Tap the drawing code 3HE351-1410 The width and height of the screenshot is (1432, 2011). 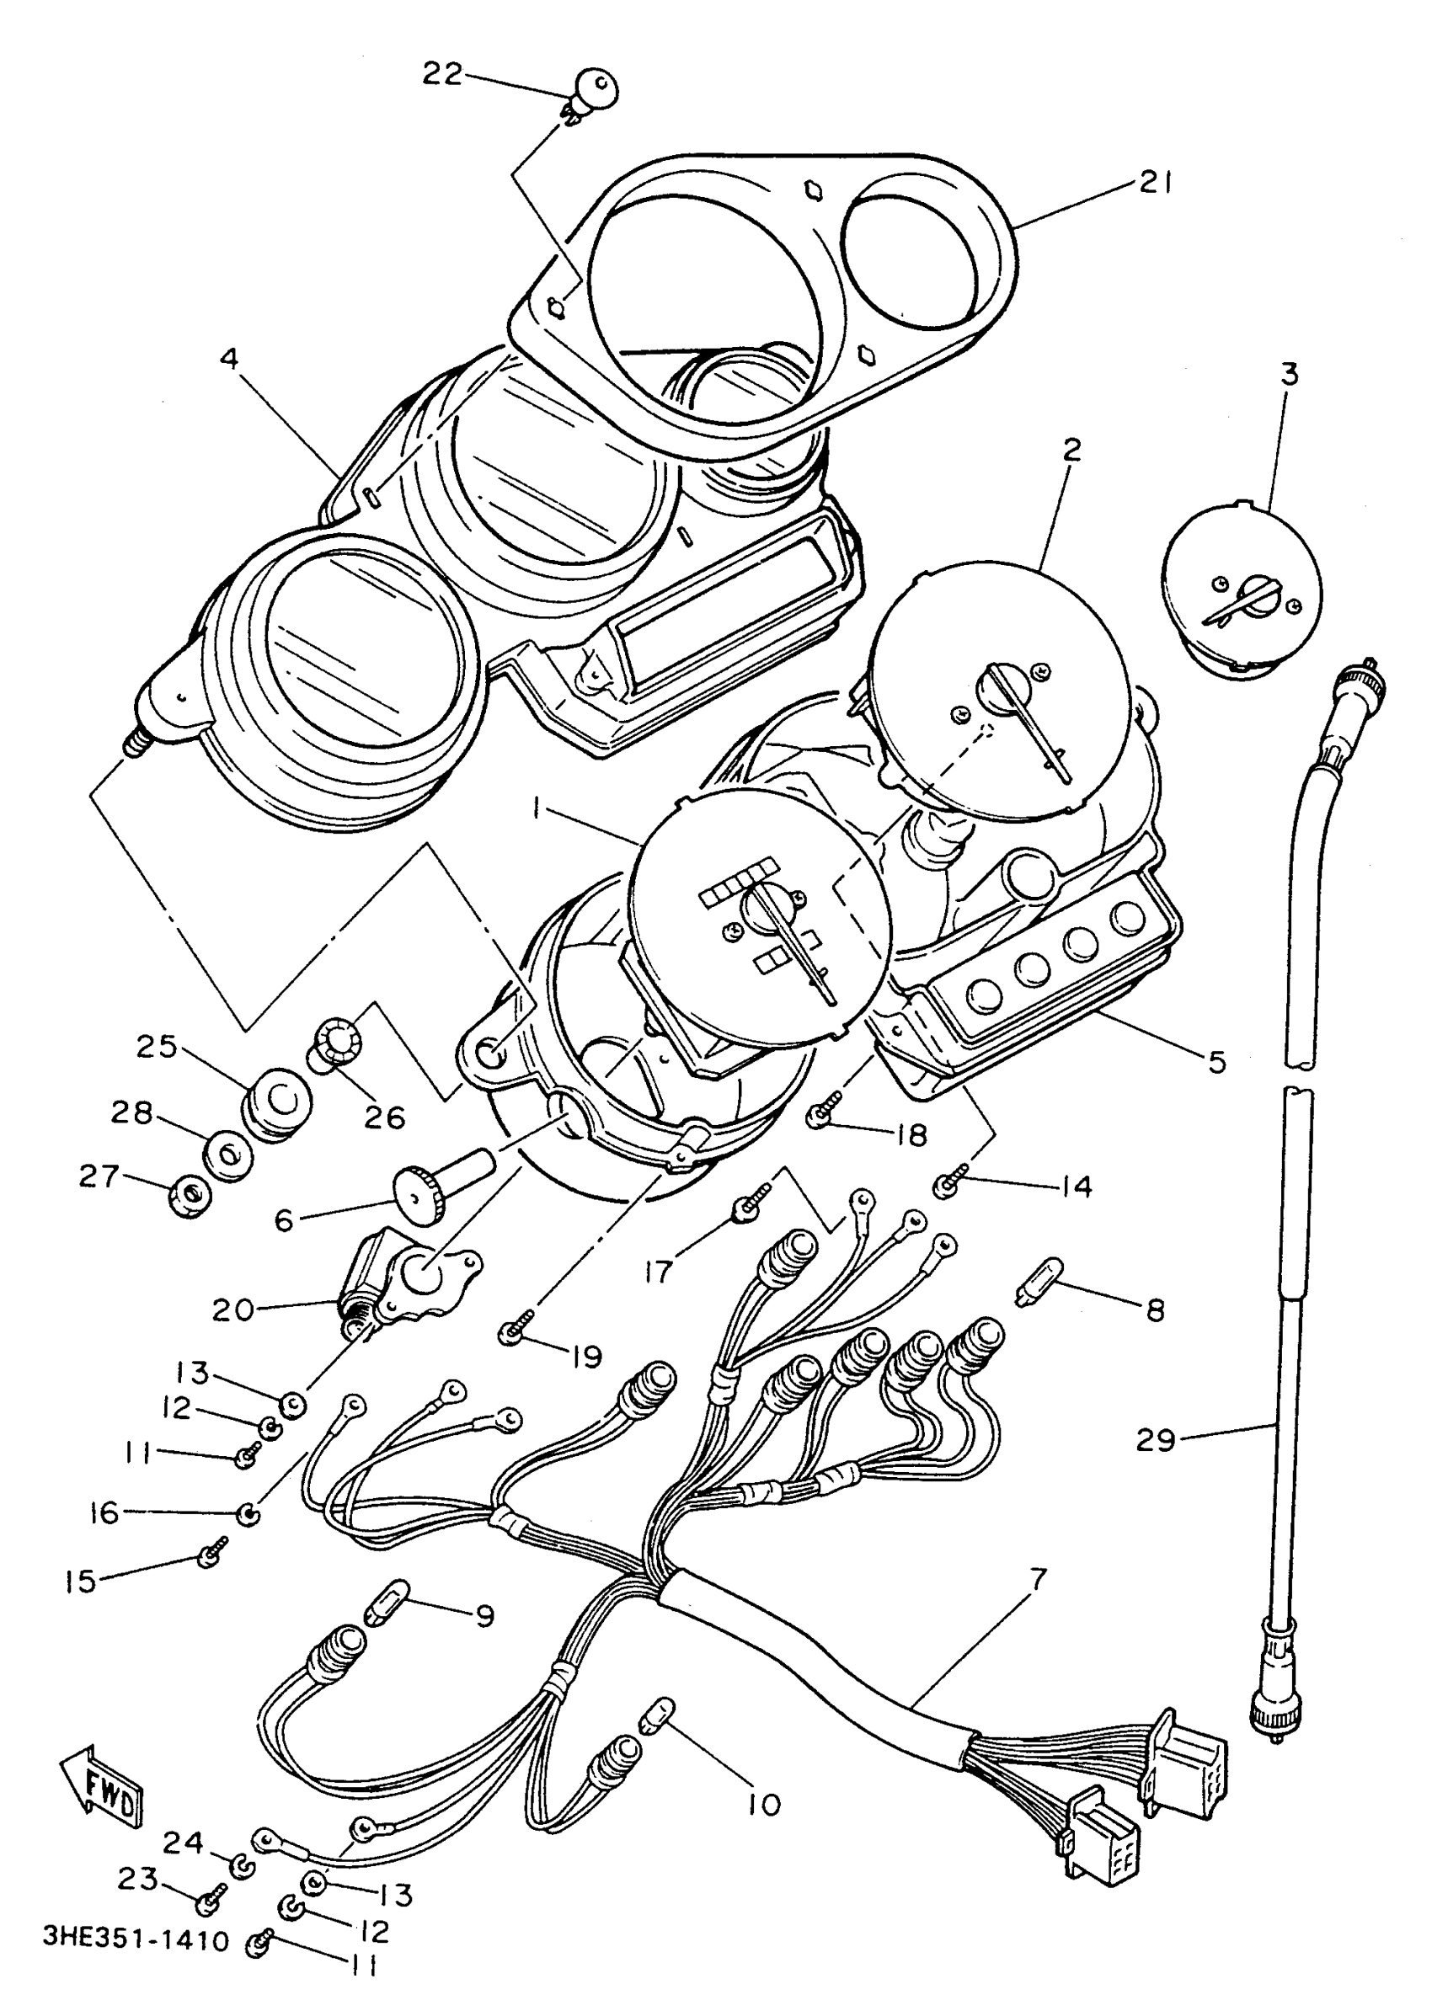tap(136, 1940)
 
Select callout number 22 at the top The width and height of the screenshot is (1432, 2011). tap(441, 75)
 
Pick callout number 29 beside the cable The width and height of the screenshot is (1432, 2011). tap(1156, 1441)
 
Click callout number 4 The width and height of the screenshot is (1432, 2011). tap(229, 360)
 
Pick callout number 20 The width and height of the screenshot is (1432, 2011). tap(232, 1310)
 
